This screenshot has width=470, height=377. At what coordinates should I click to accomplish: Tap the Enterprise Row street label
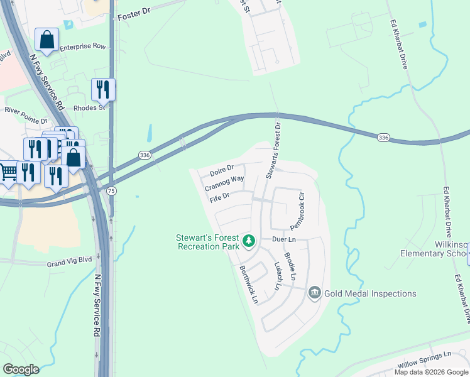pos(83,46)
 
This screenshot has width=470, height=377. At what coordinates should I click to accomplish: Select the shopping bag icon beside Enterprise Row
pos(46,40)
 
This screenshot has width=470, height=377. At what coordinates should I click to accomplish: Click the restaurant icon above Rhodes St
pos(103,89)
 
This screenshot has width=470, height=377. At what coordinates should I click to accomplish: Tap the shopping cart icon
pos(8,172)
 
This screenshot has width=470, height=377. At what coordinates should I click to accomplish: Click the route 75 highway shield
pos(111,191)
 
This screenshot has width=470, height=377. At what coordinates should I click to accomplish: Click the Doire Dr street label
pos(221,168)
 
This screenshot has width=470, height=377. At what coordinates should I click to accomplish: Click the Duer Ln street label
pos(284,240)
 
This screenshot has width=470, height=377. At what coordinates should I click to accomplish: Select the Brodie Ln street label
pos(290,266)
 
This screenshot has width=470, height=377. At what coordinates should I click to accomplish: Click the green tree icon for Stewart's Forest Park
pos(249,241)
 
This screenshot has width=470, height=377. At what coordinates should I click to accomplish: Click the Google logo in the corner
pos(21,369)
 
